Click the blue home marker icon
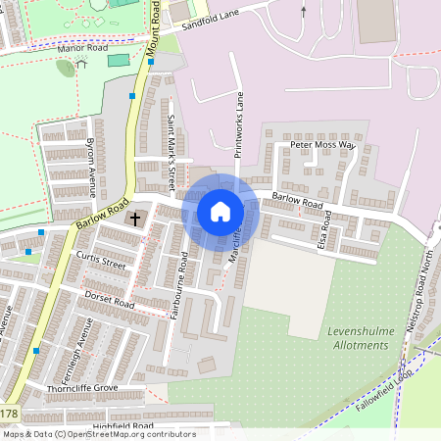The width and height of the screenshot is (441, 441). click(220, 211)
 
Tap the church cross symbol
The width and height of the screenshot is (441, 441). click(135, 219)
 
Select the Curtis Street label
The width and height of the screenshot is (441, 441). click(100, 260)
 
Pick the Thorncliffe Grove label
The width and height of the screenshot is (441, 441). click(82, 389)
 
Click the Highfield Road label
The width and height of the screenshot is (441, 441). click(124, 426)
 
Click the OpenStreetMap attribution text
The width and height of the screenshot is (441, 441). click(99, 434)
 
